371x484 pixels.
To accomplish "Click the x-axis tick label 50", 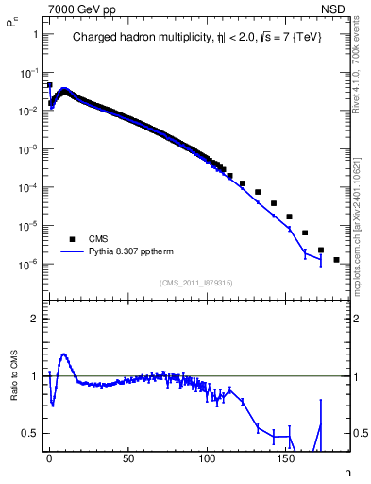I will click(x=127, y=460).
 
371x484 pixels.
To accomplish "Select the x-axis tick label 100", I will click(x=207, y=460).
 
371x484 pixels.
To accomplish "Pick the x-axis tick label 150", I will click(x=286, y=460).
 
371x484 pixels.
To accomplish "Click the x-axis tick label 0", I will click(x=49, y=460).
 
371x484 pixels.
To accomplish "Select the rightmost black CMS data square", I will click(x=336, y=259).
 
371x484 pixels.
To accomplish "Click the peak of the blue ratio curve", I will click(x=63, y=354).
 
